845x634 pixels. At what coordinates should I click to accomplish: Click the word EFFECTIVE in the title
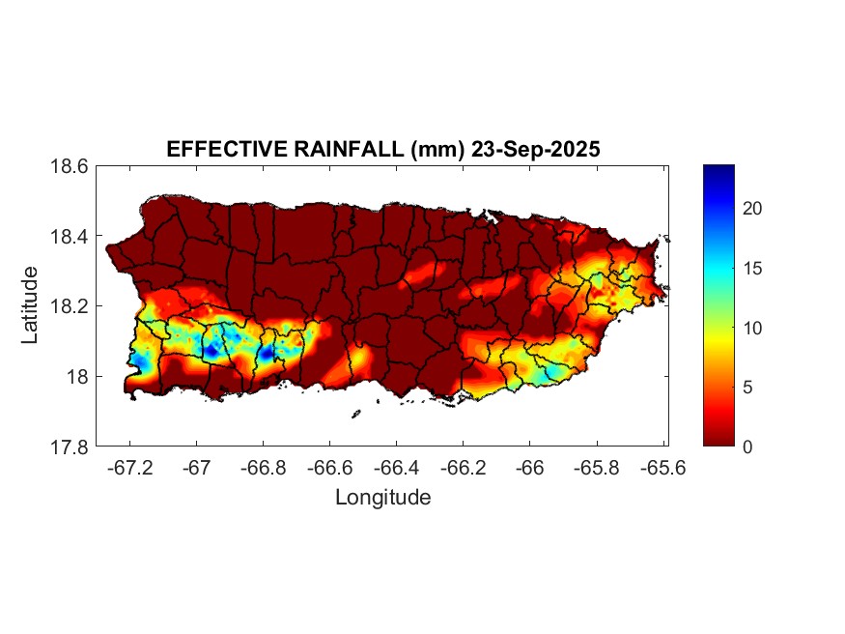click(215, 150)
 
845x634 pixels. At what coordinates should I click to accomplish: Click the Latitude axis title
click(31, 305)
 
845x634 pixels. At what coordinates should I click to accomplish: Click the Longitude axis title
click(382, 498)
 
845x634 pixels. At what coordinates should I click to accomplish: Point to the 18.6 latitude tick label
click(70, 166)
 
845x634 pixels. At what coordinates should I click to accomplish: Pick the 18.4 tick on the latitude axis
click(70, 237)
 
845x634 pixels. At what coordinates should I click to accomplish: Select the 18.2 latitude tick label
click(70, 306)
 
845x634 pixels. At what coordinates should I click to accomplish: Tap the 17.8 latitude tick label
click(70, 447)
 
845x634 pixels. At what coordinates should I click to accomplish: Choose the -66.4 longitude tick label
click(396, 466)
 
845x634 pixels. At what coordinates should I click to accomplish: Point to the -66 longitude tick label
click(528, 466)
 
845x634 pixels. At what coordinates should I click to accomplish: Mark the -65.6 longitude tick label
click(662, 466)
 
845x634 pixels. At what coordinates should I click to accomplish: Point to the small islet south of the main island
click(355, 414)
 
